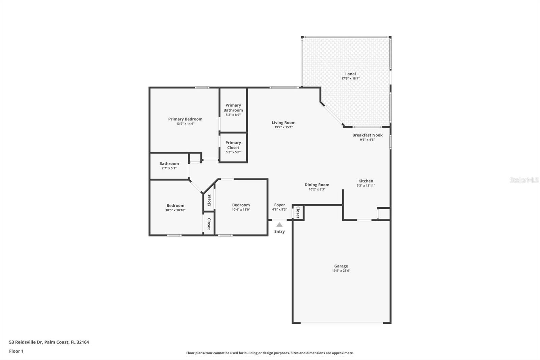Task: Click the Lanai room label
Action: (350, 74)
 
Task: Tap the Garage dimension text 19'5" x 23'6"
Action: (341, 271)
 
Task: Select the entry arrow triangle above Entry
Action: (279, 225)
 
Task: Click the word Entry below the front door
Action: (279, 231)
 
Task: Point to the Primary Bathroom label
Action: (233, 108)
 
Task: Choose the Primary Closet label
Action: (233, 145)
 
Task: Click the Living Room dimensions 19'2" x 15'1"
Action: (283, 127)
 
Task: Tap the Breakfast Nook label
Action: (367, 135)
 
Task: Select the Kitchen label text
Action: (366, 181)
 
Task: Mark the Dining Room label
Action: (317, 185)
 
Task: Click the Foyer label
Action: (279, 205)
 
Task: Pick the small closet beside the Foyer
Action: (298, 213)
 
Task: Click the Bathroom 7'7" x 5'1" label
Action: (169, 164)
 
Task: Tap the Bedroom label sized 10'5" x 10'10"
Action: (175, 206)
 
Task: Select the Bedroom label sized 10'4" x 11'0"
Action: (241, 205)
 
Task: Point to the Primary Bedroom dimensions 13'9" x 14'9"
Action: (185, 124)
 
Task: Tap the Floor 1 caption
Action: (16, 351)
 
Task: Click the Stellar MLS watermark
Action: (524, 180)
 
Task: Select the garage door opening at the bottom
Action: (342, 323)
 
